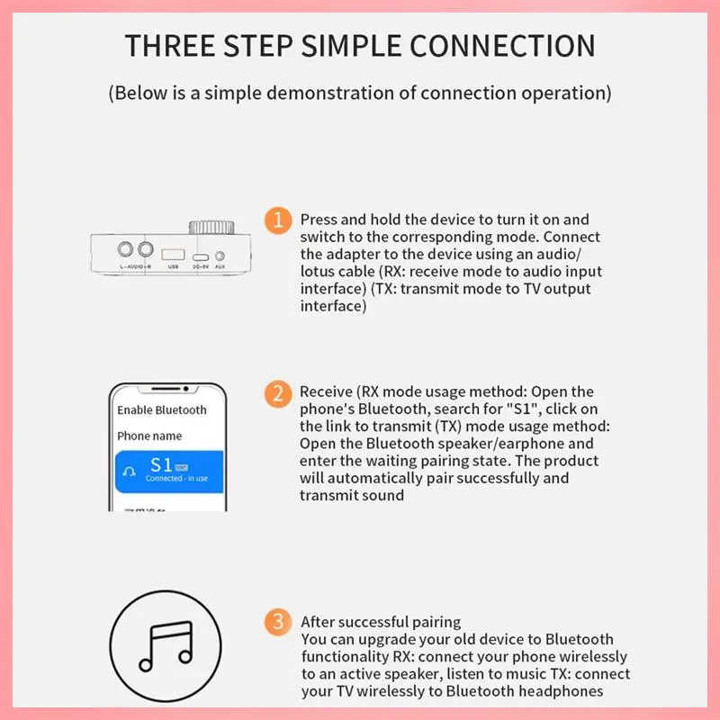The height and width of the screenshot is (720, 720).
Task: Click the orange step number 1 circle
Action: (279, 220)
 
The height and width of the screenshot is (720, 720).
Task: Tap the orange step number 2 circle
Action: (279, 393)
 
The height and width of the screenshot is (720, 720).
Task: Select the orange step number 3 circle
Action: (279, 621)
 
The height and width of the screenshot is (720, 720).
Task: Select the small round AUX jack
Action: (220, 251)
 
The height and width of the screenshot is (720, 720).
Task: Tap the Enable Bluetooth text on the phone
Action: (162, 410)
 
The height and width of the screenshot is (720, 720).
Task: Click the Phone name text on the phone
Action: (149, 436)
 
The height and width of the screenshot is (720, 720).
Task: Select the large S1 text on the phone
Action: (162, 464)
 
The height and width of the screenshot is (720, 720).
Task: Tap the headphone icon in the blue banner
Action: (130, 470)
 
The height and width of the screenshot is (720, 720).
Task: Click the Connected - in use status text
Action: (176, 479)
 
